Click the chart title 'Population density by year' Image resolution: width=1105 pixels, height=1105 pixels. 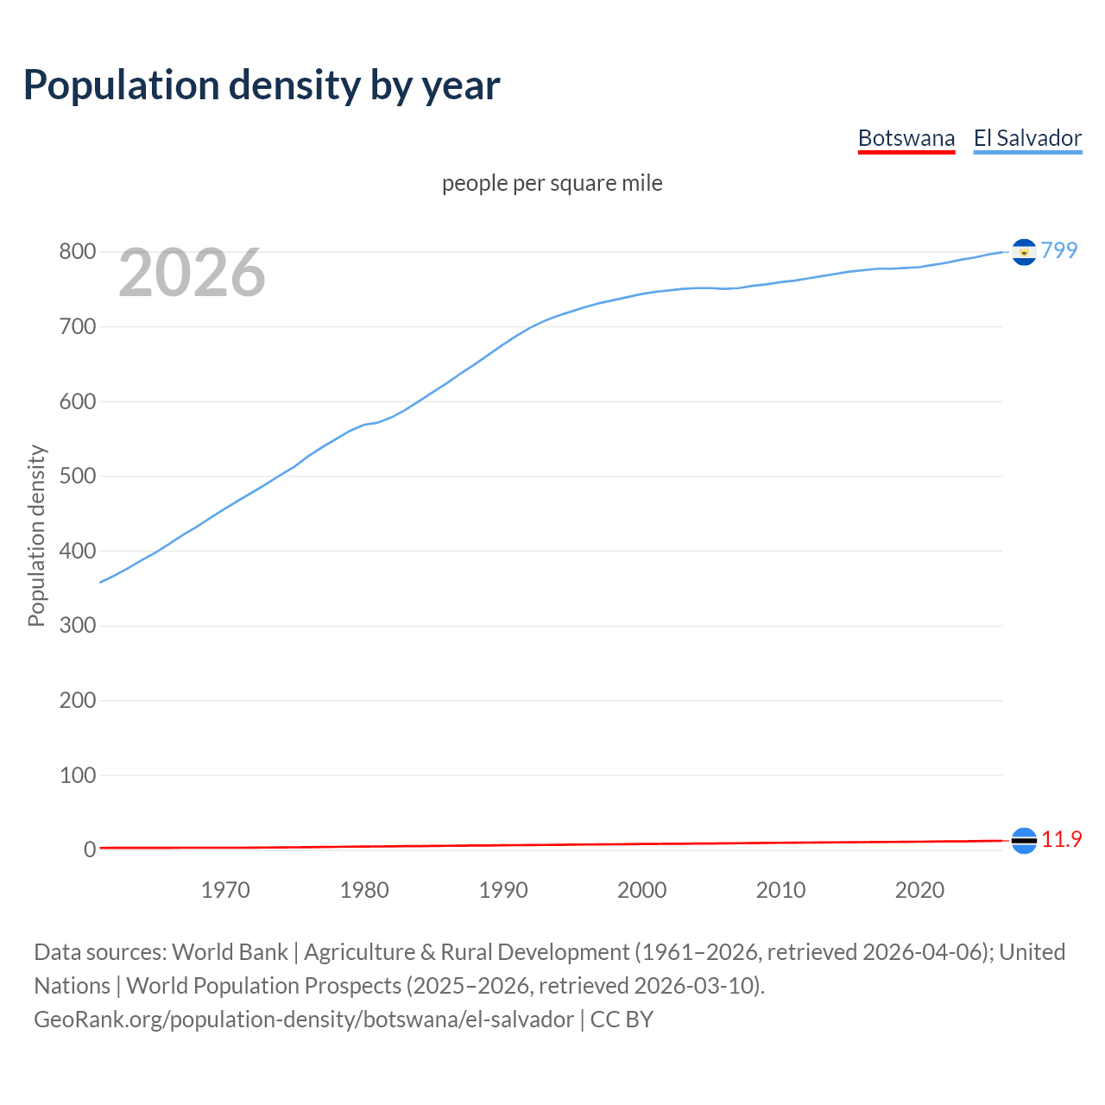[x=262, y=85]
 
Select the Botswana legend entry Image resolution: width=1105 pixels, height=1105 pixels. [x=906, y=138]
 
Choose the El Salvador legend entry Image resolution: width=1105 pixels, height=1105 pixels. [x=1027, y=138]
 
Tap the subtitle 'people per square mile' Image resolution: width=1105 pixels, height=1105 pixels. [x=552, y=184]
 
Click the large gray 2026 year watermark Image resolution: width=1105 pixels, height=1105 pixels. [x=192, y=273]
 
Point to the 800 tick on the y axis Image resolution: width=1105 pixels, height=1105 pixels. [x=77, y=252]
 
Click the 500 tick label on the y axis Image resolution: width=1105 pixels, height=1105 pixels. [x=77, y=477]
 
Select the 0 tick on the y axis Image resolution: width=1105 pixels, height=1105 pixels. [x=89, y=849]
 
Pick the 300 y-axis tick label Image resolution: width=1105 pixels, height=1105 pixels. [x=77, y=626]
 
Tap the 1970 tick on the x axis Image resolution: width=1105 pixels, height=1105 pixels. [x=225, y=890]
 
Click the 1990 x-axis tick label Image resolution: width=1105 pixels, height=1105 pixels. [x=503, y=890]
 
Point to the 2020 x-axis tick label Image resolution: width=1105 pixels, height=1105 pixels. [x=919, y=890]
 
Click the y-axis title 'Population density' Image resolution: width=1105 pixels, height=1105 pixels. [x=36, y=535]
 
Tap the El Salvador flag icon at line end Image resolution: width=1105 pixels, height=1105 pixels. [x=1024, y=252]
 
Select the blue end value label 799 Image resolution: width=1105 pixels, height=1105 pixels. [x=1059, y=250]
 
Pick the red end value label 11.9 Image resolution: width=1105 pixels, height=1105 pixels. [x=1061, y=839]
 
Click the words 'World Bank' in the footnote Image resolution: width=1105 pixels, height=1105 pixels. [x=230, y=952]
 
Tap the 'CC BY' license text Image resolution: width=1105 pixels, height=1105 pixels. [x=622, y=1020]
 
